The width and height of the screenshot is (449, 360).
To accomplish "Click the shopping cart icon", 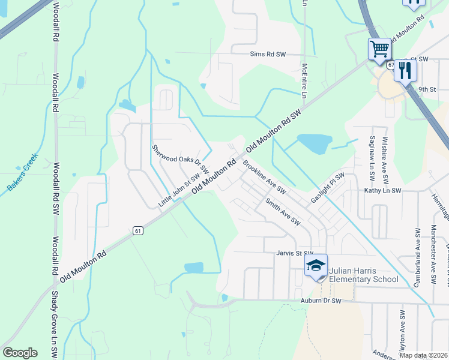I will click(x=379, y=49).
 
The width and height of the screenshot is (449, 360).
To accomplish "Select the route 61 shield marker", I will click(x=137, y=230).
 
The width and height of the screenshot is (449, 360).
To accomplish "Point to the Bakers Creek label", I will click(x=23, y=173).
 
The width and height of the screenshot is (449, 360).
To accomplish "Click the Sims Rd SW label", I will click(x=268, y=54).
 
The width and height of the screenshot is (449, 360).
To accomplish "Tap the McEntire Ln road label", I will click(x=305, y=77).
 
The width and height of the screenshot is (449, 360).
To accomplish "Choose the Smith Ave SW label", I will click(x=283, y=212).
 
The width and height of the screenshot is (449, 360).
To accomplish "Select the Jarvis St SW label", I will click(x=295, y=253).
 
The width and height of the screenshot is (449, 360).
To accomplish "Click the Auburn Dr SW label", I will click(x=321, y=300).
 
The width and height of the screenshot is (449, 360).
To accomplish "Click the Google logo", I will click(x=20, y=352).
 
